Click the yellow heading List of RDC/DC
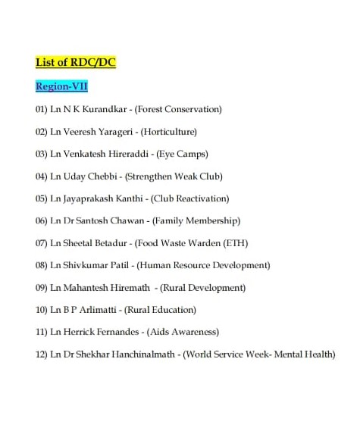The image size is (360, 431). (x=76, y=62)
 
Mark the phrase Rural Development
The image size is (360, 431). (x=205, y=288)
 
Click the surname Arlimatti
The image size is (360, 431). (x=99, y=310)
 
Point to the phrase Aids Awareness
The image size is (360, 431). (x=183, y=332)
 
